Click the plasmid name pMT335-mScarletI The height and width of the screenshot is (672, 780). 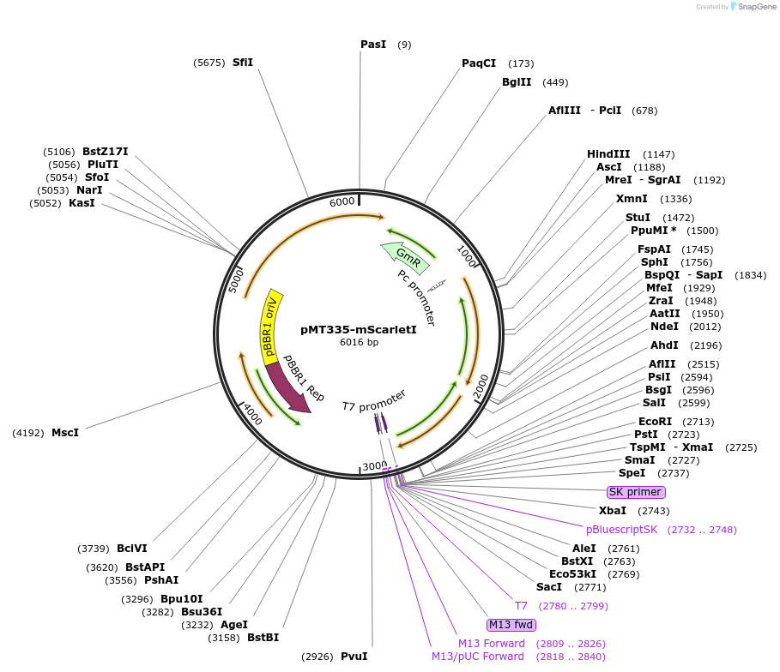(x=359, y=329)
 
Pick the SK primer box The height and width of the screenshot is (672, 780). (x=635, y=492)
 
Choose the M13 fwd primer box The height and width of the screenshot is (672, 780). (x=511, y=624)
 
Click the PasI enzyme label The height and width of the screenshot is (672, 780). (x=373, y=44)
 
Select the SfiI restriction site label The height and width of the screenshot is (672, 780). (x=243, y=62)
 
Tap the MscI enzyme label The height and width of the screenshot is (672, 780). (x=65, y=433)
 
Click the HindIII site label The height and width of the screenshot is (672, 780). (x=608, y=154)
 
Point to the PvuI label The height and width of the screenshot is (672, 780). (x=354, y=657)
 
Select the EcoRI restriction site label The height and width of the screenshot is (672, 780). (x=655, y=422)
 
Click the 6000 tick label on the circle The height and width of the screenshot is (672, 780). (x=342, y=201)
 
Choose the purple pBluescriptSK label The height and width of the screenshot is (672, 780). (x=622, y=530)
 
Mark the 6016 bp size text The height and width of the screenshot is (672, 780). (x=359, y=343)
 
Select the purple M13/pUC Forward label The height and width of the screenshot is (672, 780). (x=477, y=657)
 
